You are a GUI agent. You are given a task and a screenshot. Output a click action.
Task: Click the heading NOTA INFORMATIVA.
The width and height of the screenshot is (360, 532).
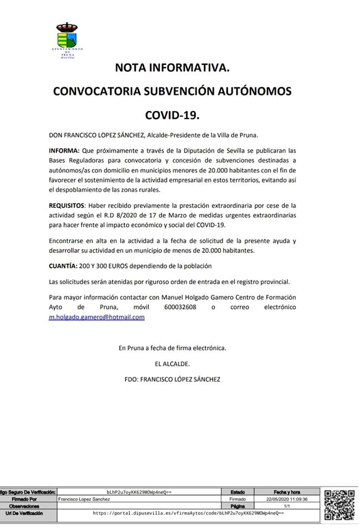(172, 68)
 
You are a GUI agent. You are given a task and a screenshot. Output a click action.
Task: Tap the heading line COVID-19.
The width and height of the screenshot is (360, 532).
(172, 115)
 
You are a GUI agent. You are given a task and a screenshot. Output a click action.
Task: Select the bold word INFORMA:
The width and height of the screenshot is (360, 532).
(64, 150)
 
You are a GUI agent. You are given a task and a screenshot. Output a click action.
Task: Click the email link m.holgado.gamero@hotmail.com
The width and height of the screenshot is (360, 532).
(97, 317)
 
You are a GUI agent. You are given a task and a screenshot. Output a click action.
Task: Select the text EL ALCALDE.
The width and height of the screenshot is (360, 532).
(172, 364)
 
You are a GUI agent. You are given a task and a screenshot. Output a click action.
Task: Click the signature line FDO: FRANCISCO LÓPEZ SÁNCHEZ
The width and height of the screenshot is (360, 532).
(172, 380)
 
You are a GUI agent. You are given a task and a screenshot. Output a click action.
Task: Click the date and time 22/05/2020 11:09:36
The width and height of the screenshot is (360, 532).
(287, 499)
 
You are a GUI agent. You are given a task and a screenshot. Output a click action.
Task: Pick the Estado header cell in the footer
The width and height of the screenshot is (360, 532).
(237, 492)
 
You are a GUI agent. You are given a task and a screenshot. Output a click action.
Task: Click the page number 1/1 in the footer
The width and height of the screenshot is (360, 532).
(287, 506)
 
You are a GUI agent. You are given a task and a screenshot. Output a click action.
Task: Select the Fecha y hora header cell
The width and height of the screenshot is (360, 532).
(287, 492)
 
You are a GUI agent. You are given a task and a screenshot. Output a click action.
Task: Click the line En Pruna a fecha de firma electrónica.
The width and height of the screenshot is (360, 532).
(172, 348)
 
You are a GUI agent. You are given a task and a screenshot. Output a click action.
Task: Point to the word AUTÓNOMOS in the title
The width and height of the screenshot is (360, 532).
(248, 91)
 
